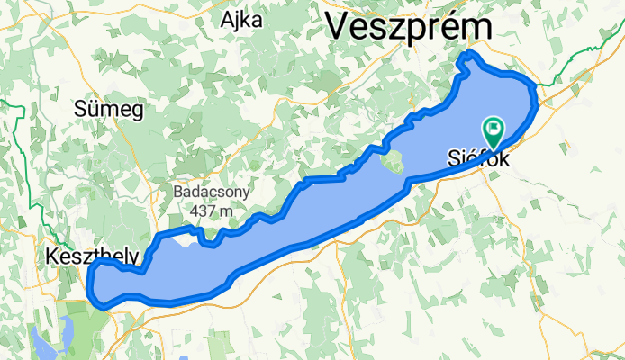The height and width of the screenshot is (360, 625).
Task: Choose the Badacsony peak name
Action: (213, 192)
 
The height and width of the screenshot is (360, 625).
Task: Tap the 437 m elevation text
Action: (213, 210)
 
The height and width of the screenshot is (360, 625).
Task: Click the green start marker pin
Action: (494, 131)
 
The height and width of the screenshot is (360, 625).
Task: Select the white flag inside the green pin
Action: (494, 128)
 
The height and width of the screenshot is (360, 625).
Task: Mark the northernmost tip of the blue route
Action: (466, 56)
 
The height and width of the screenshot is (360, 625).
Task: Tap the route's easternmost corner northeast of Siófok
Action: (538, 97)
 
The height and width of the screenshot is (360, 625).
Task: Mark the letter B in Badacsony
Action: (180, 192)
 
